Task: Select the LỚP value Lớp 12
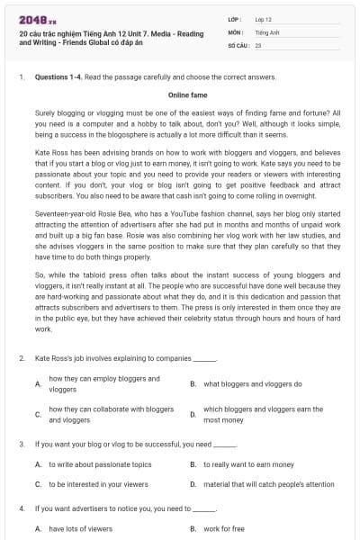click(x=263, y=19)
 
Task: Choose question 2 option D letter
click(x=193, y=415)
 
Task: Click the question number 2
click(x=22, y=358)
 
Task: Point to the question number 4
click(x=22, y=508)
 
